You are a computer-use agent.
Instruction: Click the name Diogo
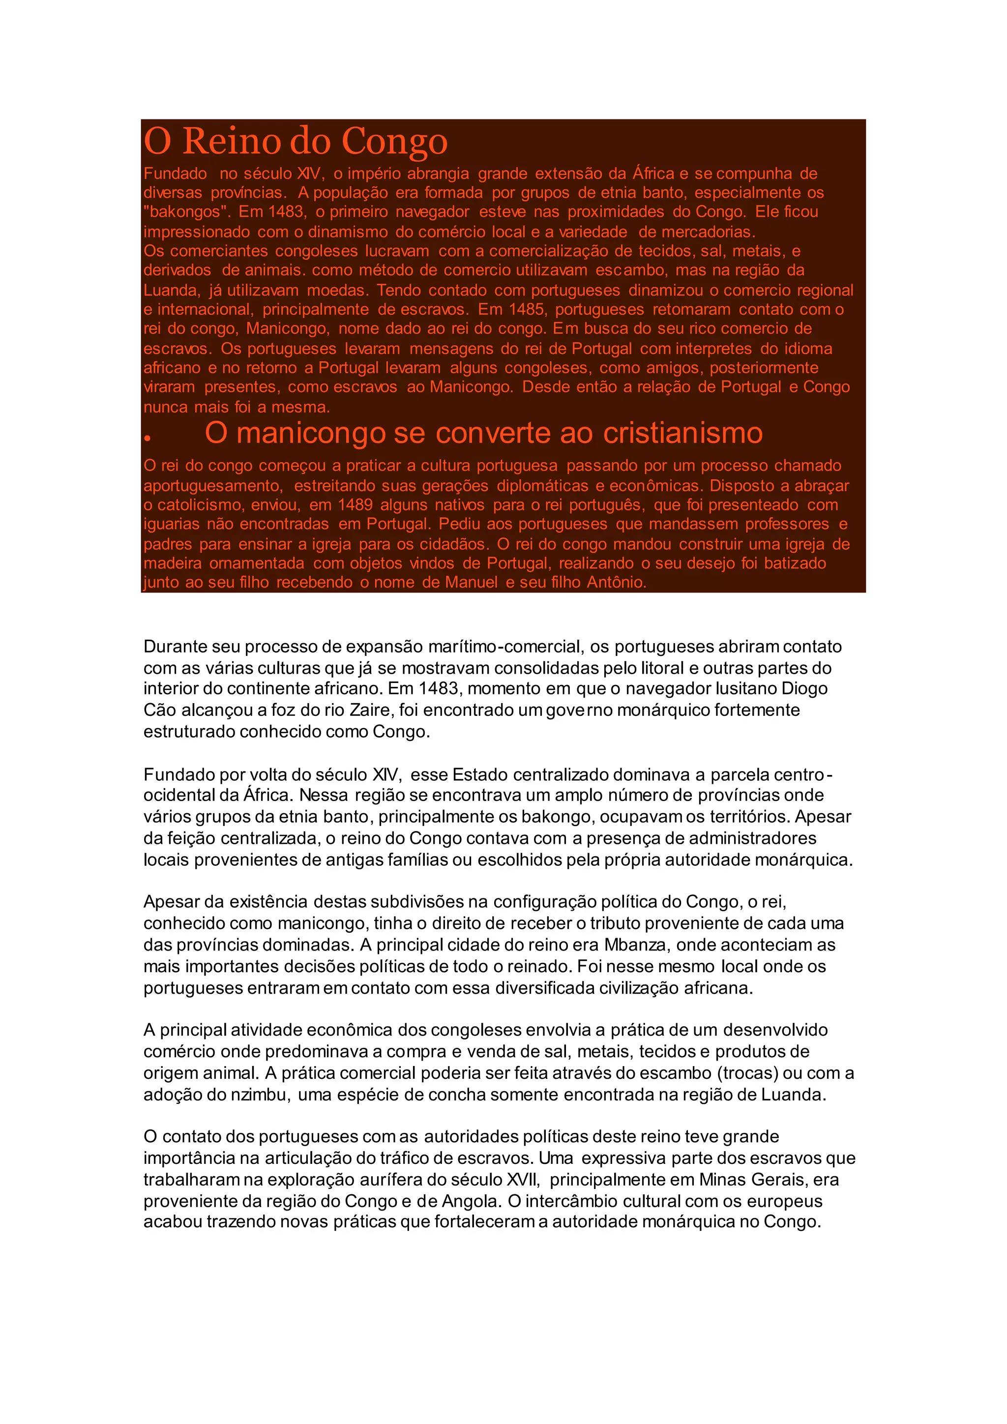[804, 688]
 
